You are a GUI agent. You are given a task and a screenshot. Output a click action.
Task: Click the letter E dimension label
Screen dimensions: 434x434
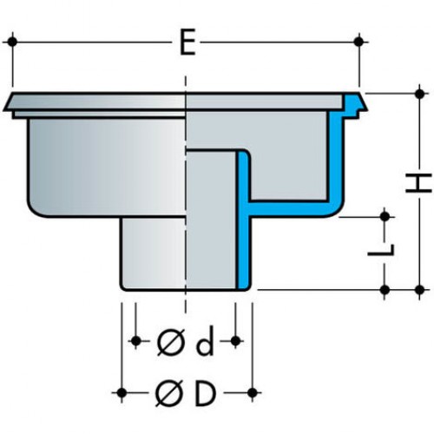pos(187,43)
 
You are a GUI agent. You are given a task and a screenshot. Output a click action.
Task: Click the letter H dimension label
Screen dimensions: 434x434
pos(418,183)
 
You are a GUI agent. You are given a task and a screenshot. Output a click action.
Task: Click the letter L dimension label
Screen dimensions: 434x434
pos(381,250)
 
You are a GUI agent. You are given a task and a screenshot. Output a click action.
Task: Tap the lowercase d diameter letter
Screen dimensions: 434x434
pos(205,341)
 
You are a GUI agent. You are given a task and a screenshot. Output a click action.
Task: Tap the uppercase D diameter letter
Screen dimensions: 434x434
pos(205,393)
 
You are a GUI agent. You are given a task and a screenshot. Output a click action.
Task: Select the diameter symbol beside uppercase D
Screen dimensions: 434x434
pos(168,393)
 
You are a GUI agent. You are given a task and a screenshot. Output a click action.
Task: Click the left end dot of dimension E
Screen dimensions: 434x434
pos(12,42)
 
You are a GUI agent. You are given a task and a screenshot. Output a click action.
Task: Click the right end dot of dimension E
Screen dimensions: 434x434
pos(358,42)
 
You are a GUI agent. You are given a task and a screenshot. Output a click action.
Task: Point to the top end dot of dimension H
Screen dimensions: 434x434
pos(419,94)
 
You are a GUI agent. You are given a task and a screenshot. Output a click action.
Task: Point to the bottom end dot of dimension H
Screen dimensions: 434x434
pos(419,289)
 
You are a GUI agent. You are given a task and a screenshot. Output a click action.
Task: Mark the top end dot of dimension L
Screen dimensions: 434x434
pos(385,216)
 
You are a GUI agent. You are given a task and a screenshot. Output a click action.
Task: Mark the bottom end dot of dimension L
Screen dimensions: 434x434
pos(385,289)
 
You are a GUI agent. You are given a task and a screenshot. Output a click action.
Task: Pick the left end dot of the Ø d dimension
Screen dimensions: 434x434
pos(135,341)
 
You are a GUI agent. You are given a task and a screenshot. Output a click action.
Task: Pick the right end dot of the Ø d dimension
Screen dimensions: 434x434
pos(236,341)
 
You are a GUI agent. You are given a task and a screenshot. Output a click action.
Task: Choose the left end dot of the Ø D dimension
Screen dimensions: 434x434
pos(122,392)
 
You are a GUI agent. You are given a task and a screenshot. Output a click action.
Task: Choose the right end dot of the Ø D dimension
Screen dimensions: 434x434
pos(253,392)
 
